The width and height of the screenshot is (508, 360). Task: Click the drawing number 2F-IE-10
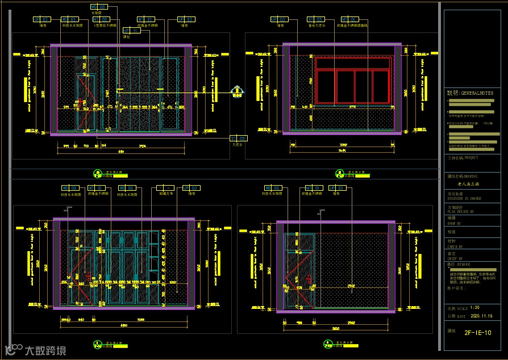477,333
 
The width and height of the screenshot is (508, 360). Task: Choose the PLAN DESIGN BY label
461,211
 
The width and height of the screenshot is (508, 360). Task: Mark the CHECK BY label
455,247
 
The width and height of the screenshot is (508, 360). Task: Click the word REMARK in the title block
463,265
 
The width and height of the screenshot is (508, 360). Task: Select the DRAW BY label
455,224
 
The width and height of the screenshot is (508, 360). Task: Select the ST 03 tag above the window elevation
314,19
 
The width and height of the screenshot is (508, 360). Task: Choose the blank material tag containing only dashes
165,187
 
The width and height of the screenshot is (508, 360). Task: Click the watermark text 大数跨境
45,350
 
